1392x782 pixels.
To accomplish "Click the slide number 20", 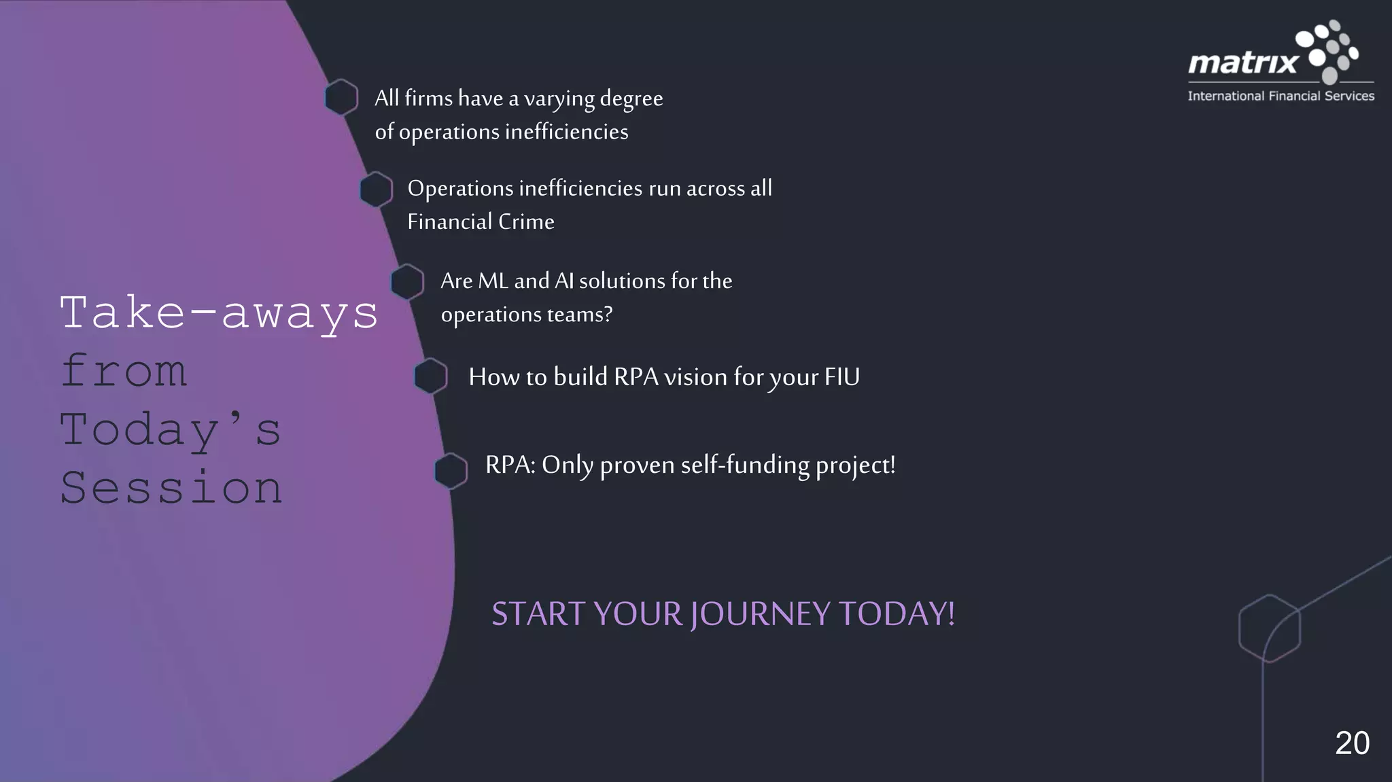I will pyautogui.click(x=1352, y=743).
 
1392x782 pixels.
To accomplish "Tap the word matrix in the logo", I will pyautogui.click(x=1243, y=64).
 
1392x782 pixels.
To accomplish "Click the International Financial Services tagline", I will pyautogui.click(x=1281, y=96).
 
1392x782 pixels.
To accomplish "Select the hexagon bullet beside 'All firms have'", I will pyautogui.click(x=341, y=98).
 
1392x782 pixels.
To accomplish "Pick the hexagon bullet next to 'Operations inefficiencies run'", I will pyautogui.click(x=376, y=190).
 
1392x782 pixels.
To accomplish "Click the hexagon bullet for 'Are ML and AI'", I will pyautogui.click(x=407, y=282).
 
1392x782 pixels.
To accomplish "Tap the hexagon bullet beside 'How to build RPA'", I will pyautogui.click(x=431, y=376).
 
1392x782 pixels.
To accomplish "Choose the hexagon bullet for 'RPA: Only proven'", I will pyautogui.click(x=451, y=471).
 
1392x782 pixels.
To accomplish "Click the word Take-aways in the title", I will pyautogui.click(x=219, y=314).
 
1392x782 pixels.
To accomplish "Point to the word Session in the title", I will pyautogui.click(x=171, y=488).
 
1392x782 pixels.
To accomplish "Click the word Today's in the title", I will pyautogui.click(x=170, y=430).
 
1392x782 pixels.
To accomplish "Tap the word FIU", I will pyautogui.click(x=842, y=377).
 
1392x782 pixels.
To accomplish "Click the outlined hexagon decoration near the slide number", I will pyautogui.click(x=1269, y=628).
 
